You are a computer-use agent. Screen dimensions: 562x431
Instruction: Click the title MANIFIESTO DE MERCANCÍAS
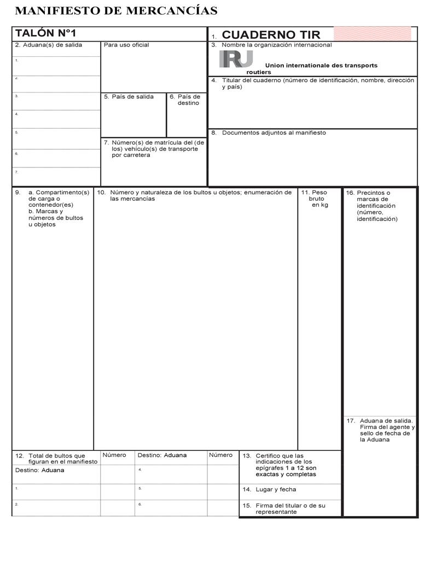click(x=116, y=10)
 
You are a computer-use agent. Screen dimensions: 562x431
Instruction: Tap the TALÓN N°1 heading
click(x=45, y=33)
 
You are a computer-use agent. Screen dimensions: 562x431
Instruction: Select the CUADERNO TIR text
click(x=271, y=36)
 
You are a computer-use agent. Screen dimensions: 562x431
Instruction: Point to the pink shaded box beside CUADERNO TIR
click(x=372, y=33)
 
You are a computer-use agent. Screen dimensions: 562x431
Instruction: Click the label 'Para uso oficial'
click(x=126, y=45)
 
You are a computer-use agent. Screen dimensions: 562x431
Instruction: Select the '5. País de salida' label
click(x=129, y=97)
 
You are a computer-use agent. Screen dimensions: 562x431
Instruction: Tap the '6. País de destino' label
click(x=185, y=100)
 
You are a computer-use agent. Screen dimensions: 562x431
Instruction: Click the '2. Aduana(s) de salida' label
click(x=49, y=45)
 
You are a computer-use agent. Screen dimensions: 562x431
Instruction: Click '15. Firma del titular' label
click(x=284, y=508)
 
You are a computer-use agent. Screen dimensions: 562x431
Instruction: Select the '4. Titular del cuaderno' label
click(x=313, y=83)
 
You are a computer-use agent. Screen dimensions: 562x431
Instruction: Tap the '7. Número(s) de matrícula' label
click(x=154, y=148)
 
